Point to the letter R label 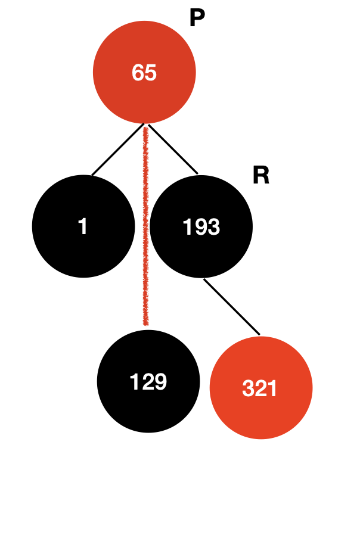coord(260,176)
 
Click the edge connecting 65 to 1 coord(117,151)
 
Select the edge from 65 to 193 coord(173,150)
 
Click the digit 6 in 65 coord(138,73)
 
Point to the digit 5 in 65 coord(151,73)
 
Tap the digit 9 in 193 coord(201,227)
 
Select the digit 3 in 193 coord(213,227)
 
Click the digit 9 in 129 coord(160,382)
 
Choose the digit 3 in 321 coord(249,389)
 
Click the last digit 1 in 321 coord(273,389)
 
